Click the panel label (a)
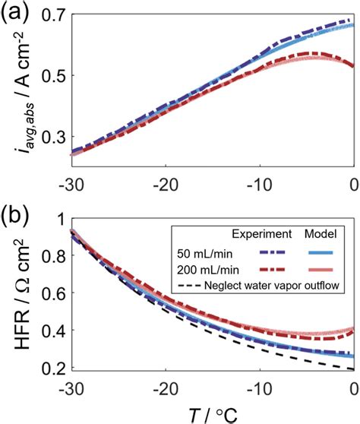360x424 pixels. (x=17, y=13)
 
